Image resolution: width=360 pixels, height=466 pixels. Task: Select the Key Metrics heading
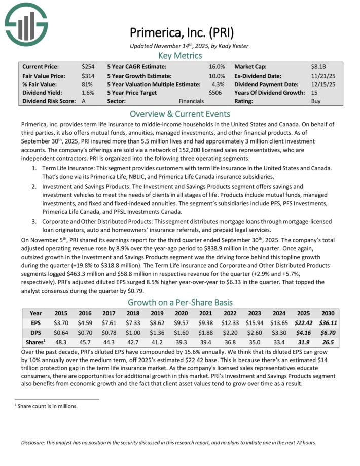[180, 55]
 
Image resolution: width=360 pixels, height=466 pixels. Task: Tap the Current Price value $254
[87, 66]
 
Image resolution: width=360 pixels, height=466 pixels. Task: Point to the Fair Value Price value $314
[87, 75]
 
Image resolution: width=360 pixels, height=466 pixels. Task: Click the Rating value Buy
[316, 101]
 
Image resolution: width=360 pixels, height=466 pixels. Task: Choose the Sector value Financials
[191, 101]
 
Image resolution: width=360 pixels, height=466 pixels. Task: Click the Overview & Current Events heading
[180, 114]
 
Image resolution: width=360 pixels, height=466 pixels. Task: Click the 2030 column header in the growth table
[327, 313]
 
